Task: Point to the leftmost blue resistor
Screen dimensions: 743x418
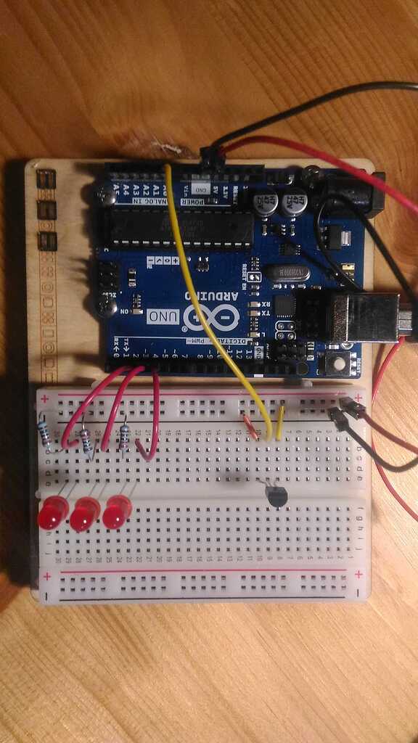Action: click(x=45, y=432)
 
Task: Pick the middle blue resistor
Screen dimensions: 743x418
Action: click(x=86, y=440)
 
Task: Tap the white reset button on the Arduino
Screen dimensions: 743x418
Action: click(x=336, y=364)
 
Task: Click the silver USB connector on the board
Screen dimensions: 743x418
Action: click(x=370, y=317)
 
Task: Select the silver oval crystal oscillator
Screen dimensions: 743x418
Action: click(x=287, y=273)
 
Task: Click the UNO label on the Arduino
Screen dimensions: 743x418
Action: click(x=161, y=316)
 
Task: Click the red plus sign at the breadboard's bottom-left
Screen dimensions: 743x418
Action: click(x=47, y=577)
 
